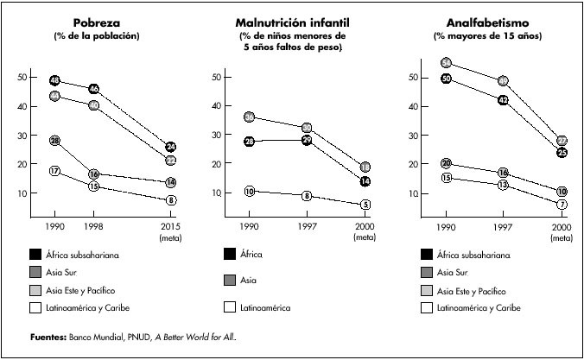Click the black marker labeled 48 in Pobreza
pos(54,81)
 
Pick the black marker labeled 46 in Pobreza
pos(93,89)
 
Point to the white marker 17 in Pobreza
pos(54,171)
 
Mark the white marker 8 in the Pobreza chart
pos(171,200)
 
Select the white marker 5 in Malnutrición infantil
pos(365,205)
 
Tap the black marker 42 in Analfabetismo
pos(502,100)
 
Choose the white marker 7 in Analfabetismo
pos(562,205)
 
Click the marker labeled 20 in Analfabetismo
pos(446,163)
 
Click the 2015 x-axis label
pos(171,226)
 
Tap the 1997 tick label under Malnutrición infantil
pos(306,226)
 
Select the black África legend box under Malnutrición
pos(231,254)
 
